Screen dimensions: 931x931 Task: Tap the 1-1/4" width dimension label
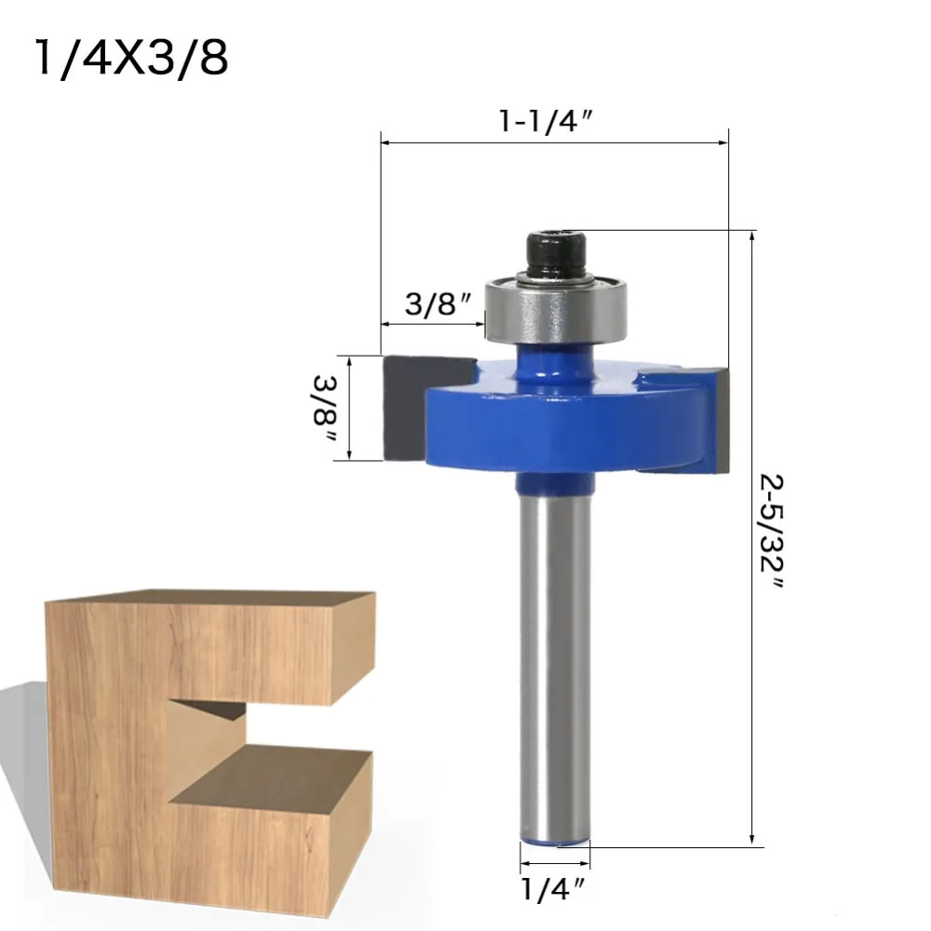pyautogui.click(x=546, y=122)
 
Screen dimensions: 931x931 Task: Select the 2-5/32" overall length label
pyautogui.click(x=771, y=531)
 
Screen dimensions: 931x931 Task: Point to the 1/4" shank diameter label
pyautogui.click(x=554, y=889)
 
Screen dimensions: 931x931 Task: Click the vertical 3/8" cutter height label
pyautogui.click(x=325, y=408)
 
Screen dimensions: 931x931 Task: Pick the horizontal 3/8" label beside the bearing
pyautogui.click(x=439, y=304)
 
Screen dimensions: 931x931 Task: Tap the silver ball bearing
pyautogui.click(x=556, y=309)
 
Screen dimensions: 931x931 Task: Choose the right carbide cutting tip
pyautogui.click(x=721, y=421)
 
